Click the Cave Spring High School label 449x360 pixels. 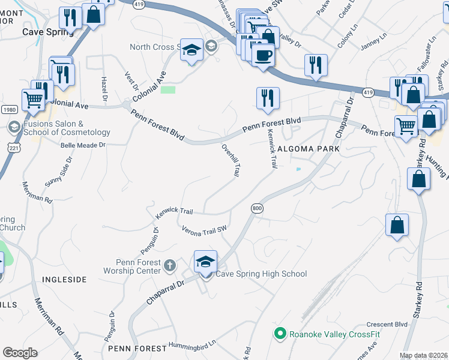pyautogui.click(x=261, y=274)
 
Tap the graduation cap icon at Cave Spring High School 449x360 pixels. pyautogui.click(x=205, y=262)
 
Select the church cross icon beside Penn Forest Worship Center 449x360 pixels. pyautogui.click(x=170, y=265)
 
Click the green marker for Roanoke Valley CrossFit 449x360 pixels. pyautogui.click(x=279, y=334)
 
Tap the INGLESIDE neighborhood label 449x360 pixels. pyautogui.click(x=64, y=280)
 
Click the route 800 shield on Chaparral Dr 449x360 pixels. pyautogui.click(x=257, y=208)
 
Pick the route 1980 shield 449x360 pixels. pyautogui.click(x=8, y=109)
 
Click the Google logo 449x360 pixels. pyautogui.click(x=20, y=353)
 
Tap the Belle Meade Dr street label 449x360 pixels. pyautogui.click(x=83, y=145)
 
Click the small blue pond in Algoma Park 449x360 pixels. pyautogui.click(x=298, y=169)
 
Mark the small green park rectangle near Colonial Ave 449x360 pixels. pyautogui.click(x=168, y=90)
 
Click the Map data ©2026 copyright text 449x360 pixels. pyautogui.click(x=424, y=355)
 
